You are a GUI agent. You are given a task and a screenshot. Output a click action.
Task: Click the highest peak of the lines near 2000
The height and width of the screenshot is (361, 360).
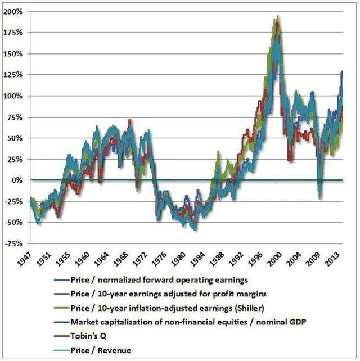[x=277, y=16]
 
